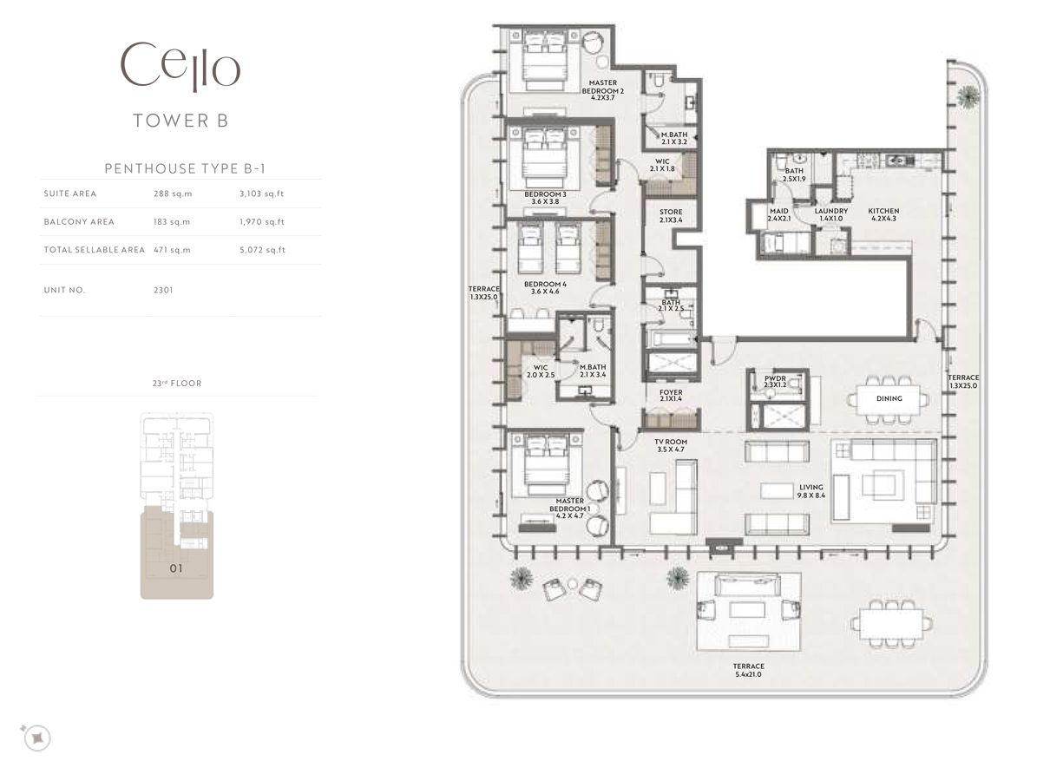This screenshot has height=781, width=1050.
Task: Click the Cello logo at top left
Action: click(180, 67)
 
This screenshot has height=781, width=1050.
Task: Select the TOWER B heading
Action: click(180, 121)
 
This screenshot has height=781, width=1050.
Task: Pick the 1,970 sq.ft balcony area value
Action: click(261, 221)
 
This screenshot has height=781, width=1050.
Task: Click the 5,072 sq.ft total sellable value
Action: click(262, 250)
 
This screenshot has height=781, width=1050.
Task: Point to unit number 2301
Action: click(163, 290)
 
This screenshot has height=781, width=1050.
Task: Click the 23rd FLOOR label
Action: click(177, 383)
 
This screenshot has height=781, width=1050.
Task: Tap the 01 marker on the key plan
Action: click(176, 569)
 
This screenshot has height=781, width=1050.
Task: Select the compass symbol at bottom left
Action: click(36, 738)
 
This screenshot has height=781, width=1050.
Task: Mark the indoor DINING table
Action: click(889, 399)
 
